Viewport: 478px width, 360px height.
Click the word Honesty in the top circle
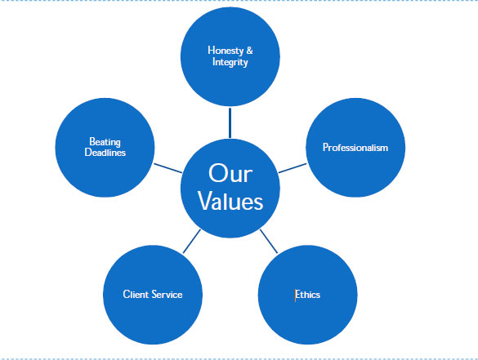pyautogui.click(x=226, y=51)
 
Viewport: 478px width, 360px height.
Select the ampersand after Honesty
pyautogui.click(x=250, y=51)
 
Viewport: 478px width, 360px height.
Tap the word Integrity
pyautogui.click(x=230, y=62)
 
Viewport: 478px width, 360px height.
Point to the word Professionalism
pyautogui.click(x=355, y=148)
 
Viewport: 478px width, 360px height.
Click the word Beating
pyautogui.click(x=105, y=142)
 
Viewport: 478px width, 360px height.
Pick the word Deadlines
pyautogui.click(x=105, y=153)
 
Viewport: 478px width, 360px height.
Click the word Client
pyautogui.click(x=136, y=294)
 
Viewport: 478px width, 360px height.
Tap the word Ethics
pyautogui.click(x=308, y=295)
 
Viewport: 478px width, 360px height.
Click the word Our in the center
pyautogui.click(x=230, y=173)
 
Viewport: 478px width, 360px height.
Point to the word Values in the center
pyautogui.click(x=230, y=202)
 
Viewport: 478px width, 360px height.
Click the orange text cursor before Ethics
pyautogui.click(x=295, y=296)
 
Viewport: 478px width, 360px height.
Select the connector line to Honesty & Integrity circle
pyautogui.click(x=230, y=122)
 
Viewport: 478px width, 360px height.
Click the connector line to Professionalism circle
pyautogui.click(x=293, y=168)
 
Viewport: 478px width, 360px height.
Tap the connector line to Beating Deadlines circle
pyautogui.click(x=168, y=168)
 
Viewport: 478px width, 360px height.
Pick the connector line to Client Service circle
pyautogui.click(x=192, y=241)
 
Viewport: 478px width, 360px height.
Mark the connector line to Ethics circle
pyautogui.click(x=269, y=241)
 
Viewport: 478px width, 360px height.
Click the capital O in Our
pyautogui.click(x=218, y=173)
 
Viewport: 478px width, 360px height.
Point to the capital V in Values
pyautogui.click(x=207, y=201)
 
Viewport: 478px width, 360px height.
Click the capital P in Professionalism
pyautogui.click(x=325, y=148)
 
